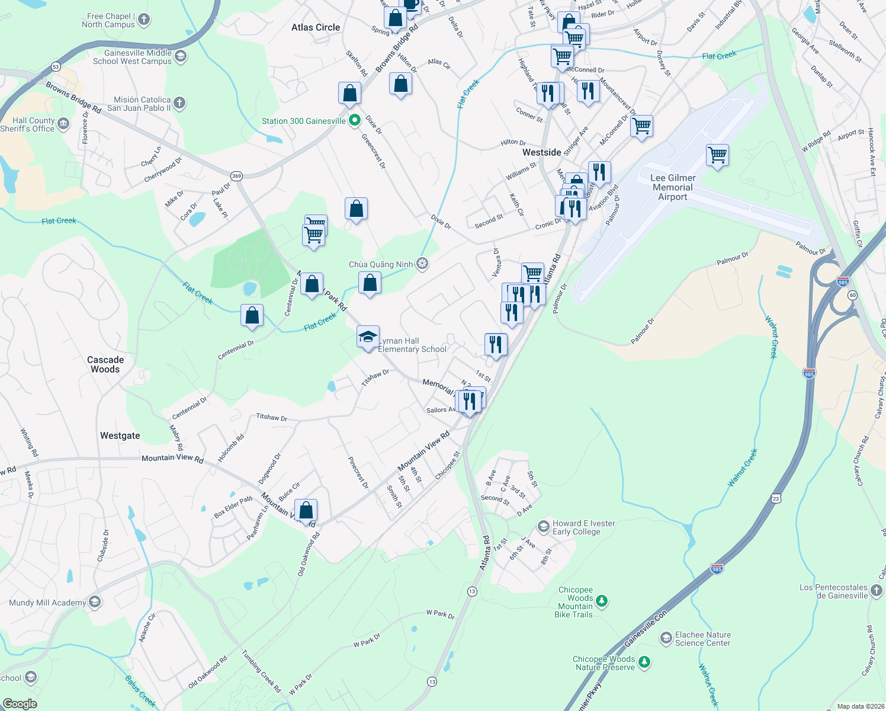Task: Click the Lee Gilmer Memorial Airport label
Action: point(673,187)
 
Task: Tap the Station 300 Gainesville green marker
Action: point(355,121)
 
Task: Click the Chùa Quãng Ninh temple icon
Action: point(422,264)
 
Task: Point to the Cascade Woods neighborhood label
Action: point(105,364)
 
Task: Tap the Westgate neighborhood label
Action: point(120,435)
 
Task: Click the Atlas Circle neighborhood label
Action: point(316,27)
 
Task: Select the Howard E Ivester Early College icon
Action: point(543,527)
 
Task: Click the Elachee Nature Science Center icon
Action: point(666,638)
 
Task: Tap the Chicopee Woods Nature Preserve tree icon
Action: point(644,662)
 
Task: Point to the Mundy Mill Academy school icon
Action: point(95,603)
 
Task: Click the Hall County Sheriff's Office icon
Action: point(63,124)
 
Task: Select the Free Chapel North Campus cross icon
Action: point(143,20)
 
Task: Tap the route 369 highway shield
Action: point(237,176)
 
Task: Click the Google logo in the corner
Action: point(20,704)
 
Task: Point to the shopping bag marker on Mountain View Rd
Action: point(306,511)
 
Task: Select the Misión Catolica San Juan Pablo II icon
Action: point(179,103)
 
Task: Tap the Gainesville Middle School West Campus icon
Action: point(181,56)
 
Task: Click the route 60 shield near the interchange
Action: point(852,294)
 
